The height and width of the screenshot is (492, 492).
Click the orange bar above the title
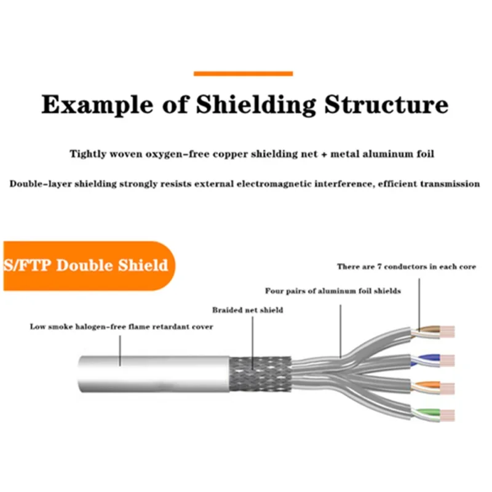243,73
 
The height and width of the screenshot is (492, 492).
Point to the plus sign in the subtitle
323,154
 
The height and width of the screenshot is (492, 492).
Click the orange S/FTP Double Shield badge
86,266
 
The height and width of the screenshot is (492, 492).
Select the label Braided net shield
247,310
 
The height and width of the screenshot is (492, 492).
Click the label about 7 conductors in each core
406,266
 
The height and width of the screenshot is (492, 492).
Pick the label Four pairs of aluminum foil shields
333,291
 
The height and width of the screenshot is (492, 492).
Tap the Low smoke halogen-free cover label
122,327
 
